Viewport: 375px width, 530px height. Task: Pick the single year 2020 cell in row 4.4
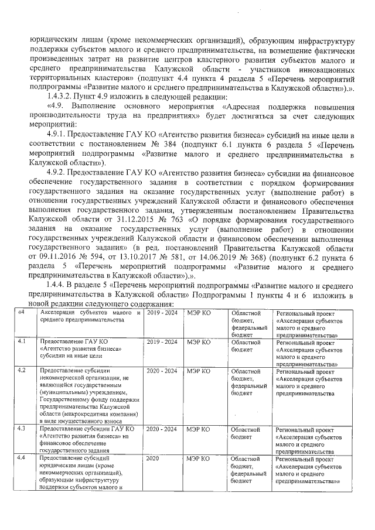click(154, 458)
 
